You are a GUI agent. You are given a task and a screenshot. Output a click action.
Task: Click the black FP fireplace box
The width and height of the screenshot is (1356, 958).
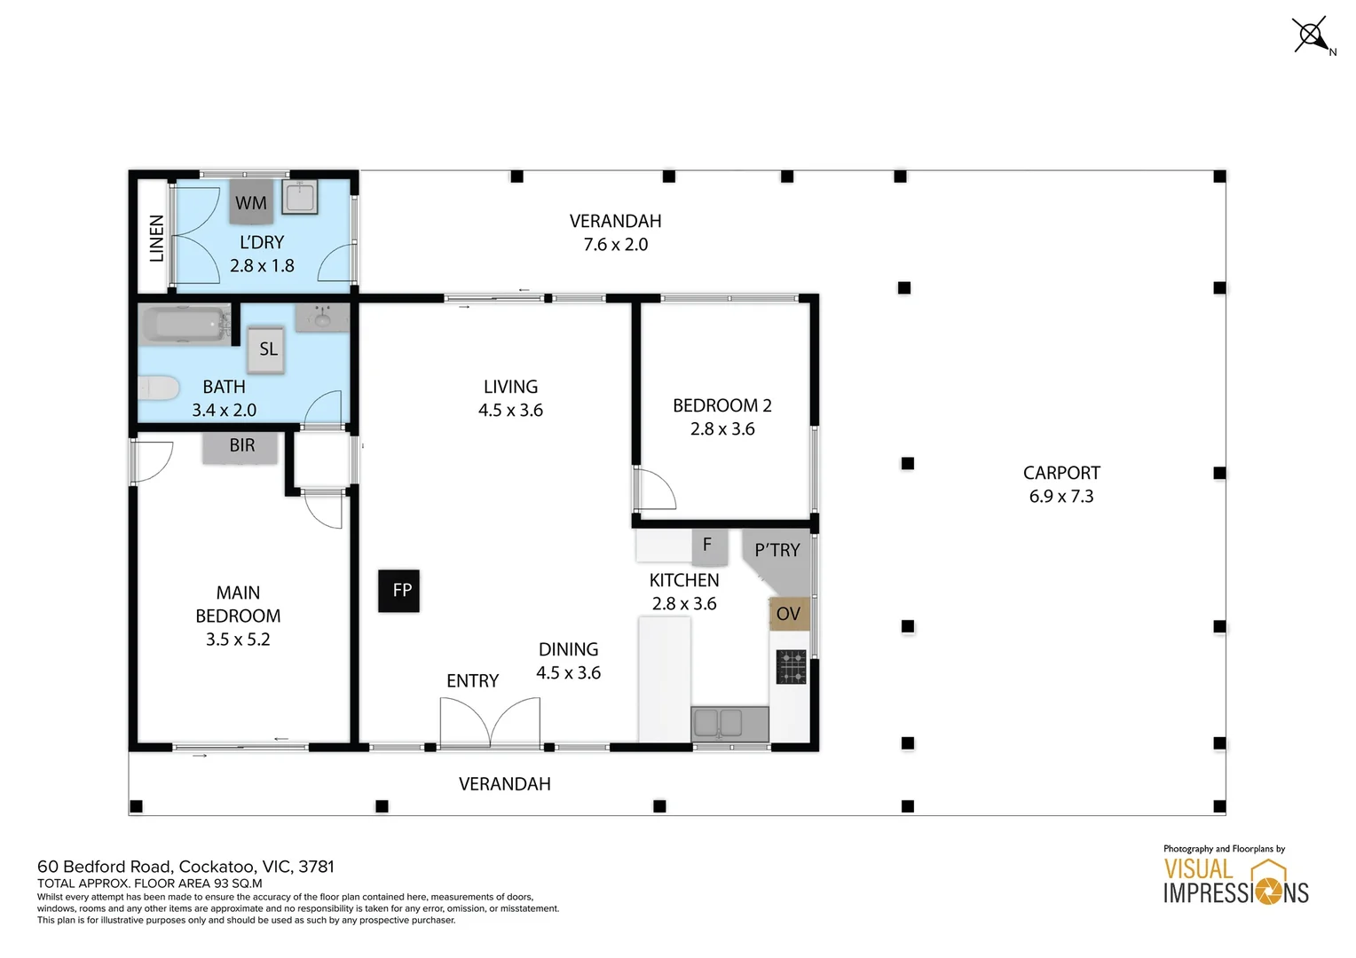point(399,591)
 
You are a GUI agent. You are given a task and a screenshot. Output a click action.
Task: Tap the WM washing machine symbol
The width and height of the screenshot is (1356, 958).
point(251,202)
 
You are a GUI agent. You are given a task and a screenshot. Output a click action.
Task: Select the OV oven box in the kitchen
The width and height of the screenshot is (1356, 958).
point(788,614)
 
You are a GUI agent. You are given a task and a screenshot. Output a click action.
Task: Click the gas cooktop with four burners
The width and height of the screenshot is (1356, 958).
point(791,667)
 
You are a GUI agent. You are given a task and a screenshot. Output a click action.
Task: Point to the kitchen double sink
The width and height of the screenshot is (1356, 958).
point(729,723)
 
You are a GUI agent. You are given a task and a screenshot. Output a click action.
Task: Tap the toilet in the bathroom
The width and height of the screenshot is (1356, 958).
point(158,389)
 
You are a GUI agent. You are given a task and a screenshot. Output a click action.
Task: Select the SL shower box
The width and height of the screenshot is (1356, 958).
point(267,349)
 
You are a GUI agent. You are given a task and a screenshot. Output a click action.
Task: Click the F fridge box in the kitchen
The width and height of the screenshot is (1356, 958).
point(708,545)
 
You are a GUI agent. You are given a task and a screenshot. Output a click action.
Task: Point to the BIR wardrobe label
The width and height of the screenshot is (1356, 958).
point(241,445)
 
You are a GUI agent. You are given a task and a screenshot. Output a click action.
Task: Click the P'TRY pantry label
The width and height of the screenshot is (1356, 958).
point(777,551)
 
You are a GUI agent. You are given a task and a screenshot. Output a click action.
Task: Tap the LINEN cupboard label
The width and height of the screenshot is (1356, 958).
point(157,238)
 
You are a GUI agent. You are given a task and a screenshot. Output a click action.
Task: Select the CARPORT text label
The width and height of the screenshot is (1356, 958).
point(1061,474)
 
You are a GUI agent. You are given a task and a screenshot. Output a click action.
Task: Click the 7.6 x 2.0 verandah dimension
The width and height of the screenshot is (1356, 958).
point(615,245)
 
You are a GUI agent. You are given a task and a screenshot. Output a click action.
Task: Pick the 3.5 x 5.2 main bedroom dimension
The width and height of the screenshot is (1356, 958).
point(238,640)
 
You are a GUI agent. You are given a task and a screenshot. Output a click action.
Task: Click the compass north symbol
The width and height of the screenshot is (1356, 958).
point(1312,36)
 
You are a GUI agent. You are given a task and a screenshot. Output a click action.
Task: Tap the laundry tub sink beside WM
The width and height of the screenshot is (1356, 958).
point(301,197)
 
